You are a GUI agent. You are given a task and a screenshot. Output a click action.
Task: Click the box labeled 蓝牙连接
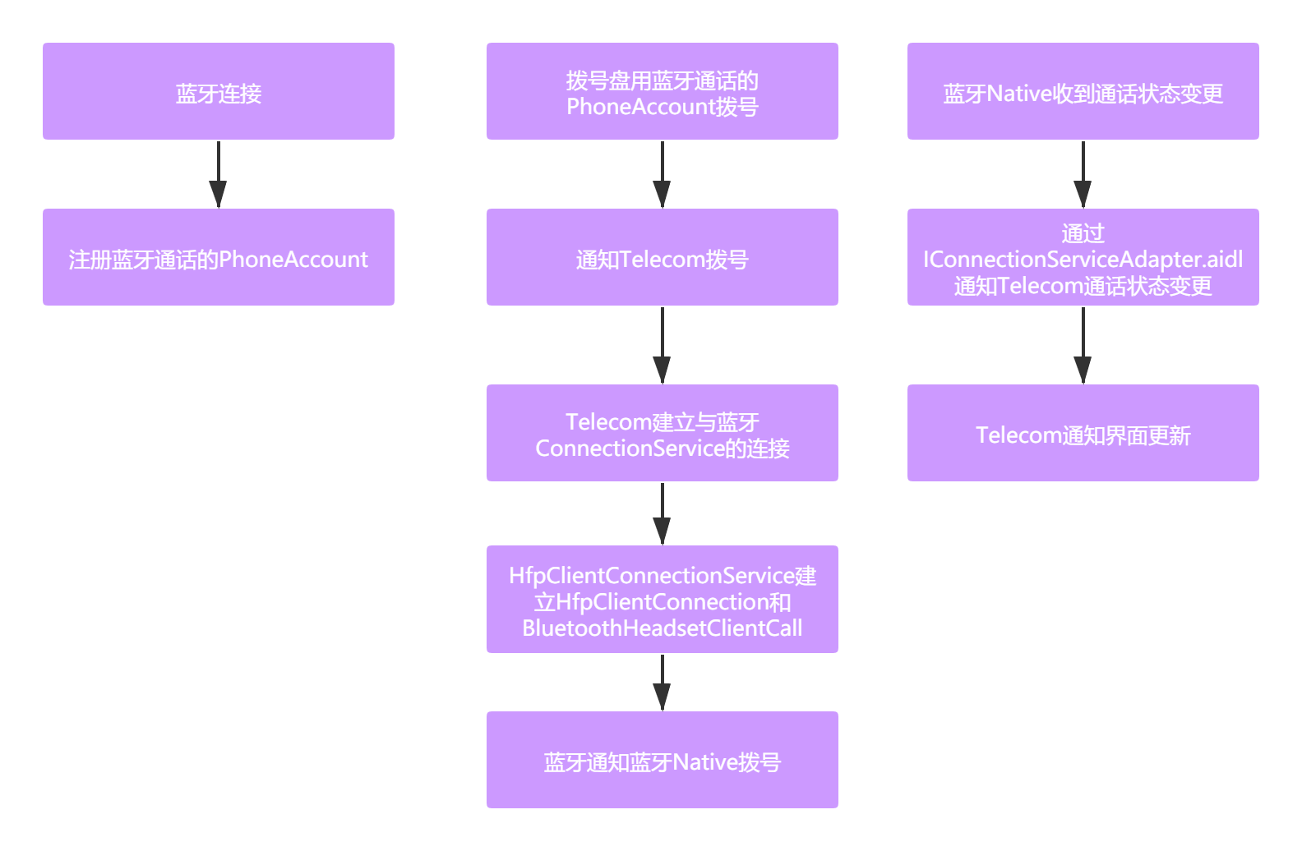[x=219, y=91]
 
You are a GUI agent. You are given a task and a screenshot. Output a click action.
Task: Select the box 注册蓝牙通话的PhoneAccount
[x=219, y=257]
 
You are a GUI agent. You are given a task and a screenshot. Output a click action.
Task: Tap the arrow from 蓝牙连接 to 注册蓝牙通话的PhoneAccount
[x=218, y=174]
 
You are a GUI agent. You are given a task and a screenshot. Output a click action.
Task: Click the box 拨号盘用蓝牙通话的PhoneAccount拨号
[x=662, y=91]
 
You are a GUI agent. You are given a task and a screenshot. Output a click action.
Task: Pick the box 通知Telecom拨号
[x=662, y=257]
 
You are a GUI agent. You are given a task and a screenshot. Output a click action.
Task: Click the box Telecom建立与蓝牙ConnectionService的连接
[x=662, y=433]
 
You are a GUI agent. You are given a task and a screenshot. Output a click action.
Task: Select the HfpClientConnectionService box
[x=662, y=599]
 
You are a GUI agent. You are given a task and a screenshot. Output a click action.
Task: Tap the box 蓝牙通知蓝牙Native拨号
[x=662, y=760]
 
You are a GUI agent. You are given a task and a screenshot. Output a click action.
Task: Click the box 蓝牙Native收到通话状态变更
[x=1083, y=91]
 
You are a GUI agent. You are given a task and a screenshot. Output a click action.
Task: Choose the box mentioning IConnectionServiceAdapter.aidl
[x=1083, y=257]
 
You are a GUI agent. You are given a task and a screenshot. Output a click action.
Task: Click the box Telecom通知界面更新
[x=1083, y=433]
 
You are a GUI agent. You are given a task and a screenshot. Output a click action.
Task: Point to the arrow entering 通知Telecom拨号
[x=662, y=174]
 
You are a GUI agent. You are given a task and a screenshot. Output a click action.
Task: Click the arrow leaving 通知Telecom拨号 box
[x=662, y=345]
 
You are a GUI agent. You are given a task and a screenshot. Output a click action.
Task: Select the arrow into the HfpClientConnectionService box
[x=662, y=513]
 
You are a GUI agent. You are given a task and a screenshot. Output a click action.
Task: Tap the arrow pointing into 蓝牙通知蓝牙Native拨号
[x=662, y=682]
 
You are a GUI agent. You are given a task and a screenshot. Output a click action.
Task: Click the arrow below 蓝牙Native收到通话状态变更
[x=1083, y=174]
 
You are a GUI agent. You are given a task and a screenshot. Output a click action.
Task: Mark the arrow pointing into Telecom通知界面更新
[x=1083, y=345]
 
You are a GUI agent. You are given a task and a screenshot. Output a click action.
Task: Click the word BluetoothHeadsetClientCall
[x=662, y=628]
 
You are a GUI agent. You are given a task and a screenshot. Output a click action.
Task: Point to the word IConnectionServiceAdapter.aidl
[x=1083, y=260]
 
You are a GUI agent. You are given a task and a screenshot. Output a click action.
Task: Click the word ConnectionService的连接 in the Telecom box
[x=662, y=448]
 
